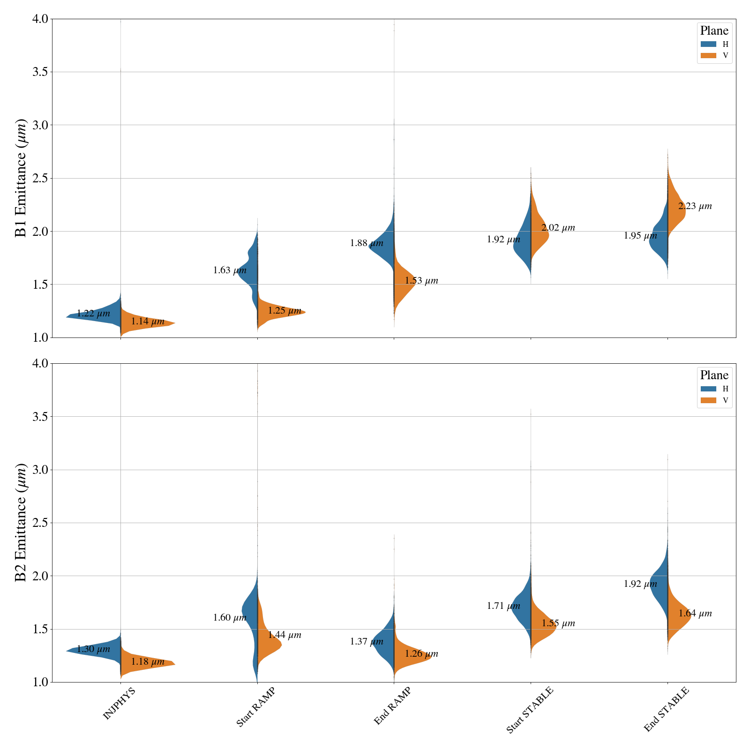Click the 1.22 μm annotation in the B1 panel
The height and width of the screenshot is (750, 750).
(x=93, y=314)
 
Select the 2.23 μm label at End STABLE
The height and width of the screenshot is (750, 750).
(x=695, y=206)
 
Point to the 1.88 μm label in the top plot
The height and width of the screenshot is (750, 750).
(x=367, y=243)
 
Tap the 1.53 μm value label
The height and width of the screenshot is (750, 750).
(x=421, y=281)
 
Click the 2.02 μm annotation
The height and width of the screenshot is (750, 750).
(x=558, y=228)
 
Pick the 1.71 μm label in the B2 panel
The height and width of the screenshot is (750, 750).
(x=503, y=606)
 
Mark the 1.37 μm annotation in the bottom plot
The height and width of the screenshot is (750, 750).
(x=367, y=642)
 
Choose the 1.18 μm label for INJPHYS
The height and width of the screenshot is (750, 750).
(x=148, y=662)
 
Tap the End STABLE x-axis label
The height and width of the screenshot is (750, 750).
(x=666, y=709)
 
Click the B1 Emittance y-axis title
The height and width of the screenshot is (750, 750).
(x=21, y=178)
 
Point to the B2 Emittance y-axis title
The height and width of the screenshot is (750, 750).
(x=21, y=523)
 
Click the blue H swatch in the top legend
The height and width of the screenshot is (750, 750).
(x=708, y=44)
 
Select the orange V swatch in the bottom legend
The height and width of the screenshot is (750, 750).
(x=708, y=400)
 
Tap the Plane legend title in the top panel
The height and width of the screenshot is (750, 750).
(x=714, y=31)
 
